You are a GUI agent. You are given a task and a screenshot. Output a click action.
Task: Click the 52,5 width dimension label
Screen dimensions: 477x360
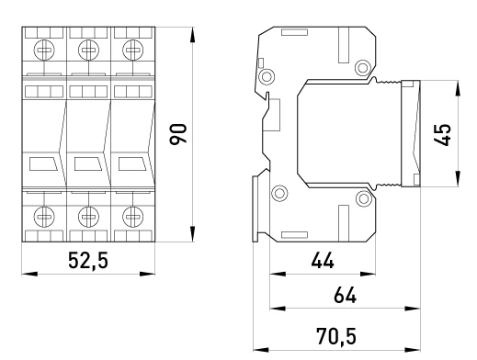(88, 261)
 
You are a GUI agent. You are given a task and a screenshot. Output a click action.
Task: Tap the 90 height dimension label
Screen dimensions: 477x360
(178, 134)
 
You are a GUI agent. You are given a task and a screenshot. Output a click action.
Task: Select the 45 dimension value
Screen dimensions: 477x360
(443, 135)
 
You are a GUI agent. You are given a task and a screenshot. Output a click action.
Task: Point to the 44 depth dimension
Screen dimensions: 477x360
(323, 261)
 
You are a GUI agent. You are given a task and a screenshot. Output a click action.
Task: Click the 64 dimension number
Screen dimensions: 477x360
(345, 295)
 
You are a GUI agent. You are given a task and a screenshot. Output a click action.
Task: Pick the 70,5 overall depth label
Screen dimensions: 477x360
(336, 336)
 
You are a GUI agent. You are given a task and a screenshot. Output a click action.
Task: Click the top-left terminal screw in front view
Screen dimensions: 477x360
(44, 51)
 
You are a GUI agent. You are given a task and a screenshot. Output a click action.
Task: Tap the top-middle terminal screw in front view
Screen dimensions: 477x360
(88, 51)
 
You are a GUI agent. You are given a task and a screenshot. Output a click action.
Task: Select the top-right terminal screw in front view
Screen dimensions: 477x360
(133, 51)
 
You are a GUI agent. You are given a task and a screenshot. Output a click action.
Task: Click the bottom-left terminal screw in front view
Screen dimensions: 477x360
(44, 217)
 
